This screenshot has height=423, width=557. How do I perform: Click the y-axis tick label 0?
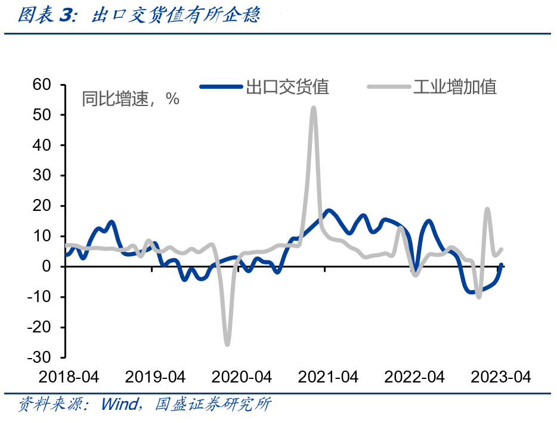pos(50,266)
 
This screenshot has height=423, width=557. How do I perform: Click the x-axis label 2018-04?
pos(69,377)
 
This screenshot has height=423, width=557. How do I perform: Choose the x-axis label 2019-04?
pos(155,377)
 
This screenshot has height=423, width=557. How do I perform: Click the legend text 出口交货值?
pos(288,88)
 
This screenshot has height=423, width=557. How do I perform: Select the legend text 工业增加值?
pos(456,88)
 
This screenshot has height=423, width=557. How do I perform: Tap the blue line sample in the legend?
pos(221,88)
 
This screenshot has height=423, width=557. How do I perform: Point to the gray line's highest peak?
pos(314,108)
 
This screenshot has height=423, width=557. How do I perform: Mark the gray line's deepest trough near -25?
pos(227,344)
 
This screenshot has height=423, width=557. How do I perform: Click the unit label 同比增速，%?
pos(131,99)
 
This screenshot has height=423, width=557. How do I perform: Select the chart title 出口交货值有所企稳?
pos(176,16)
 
